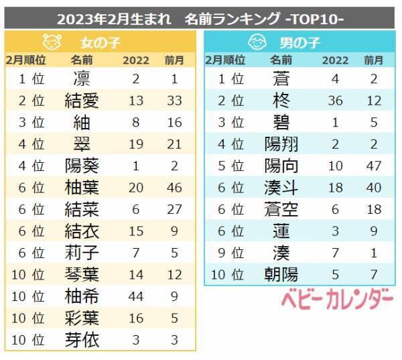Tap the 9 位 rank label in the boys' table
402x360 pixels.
point(229,253)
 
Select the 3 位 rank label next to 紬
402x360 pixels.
point(29,122)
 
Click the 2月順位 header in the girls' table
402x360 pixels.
point(25,60)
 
